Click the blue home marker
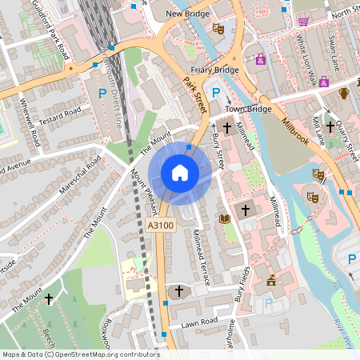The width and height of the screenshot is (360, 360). click(180, 172)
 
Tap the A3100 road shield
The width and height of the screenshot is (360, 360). click(161, 226)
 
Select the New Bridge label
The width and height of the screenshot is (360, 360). click(188, 14)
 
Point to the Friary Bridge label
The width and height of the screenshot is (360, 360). click(215, 70)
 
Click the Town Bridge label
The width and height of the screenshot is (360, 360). click(245, 108)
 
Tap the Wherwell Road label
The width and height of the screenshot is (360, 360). click(30, 129)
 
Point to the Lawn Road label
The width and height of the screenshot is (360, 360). click(200, 322)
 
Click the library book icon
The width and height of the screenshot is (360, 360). click(224, 218)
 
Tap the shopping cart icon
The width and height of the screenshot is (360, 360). click(303, 22)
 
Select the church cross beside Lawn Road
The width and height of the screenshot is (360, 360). click(178, 290)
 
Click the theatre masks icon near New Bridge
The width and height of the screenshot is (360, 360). click(218, 29)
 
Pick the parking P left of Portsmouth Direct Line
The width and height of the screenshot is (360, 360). click(102, 94)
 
